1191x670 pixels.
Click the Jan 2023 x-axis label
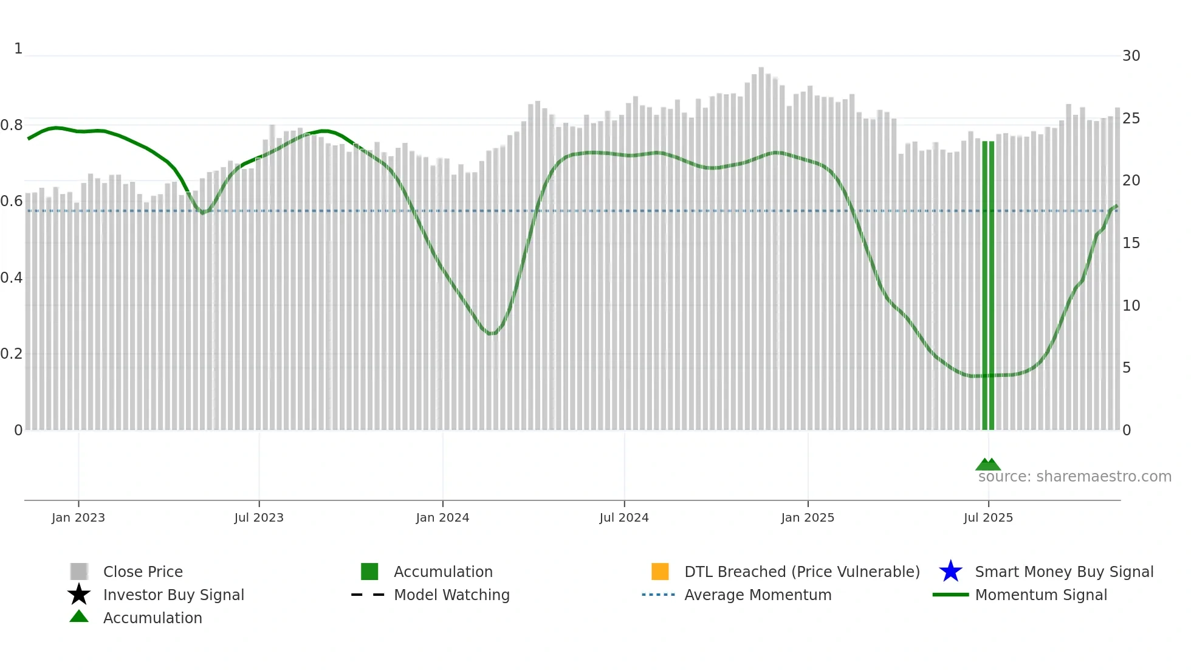pyautogui.click(x=78, y=517)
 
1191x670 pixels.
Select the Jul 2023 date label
pyautogui.click(x=259, y=517)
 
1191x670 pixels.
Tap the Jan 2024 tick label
pyautogui.click(x=442, y=517)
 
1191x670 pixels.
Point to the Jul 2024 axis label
pyautogui.click(x=624, y=517)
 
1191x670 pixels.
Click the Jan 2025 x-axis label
pyautogui.click(x=808, y=517)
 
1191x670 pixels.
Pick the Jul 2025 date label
pyautogui.click(x=988, y=517)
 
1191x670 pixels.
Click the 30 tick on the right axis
pyautogui.click(x=1131, y=56)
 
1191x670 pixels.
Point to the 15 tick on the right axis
pyautogui.click(x=1131, y=243)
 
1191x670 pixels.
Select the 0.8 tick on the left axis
pyautogui.click(x=12, y=125)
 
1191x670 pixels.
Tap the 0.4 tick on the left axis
pyautogui.click(x=12, y=278)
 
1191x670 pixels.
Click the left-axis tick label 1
pyautogui.click(x=18, y=49)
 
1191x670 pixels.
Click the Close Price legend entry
pyautogui.click(x=143, y=572)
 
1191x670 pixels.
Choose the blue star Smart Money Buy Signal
pyautogui.click(x=950, y=572)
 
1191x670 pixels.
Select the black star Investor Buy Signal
pyautogui.click(x=79, y=595)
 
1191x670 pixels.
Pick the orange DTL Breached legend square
pyautogui.click(x=660, y=572)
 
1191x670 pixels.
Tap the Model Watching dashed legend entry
pyautogui.click(x=368, y=595)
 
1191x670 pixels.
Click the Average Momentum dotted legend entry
pyautogui.click(x=658, y=595)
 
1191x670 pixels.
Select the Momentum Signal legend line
pyautogui.click(x=950, y=595)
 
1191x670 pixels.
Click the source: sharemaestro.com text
pyautogui.click(x=1074, y=477)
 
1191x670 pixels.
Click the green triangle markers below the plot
pyautogui.click(x=988, y=465)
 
